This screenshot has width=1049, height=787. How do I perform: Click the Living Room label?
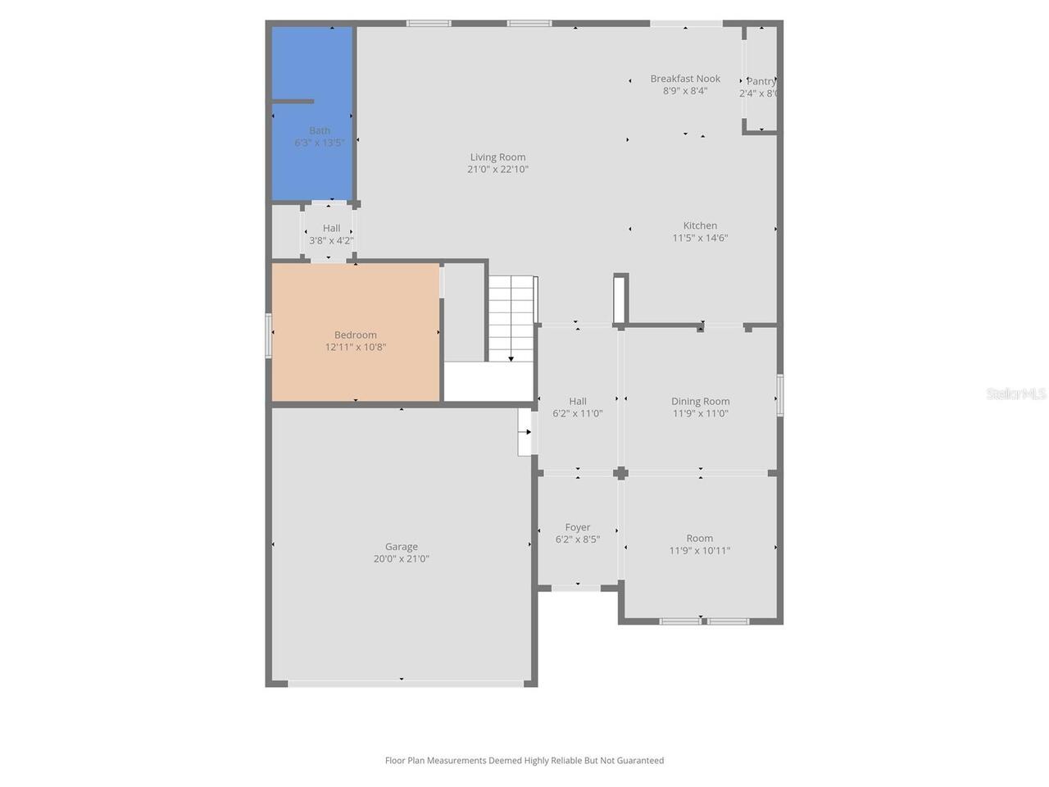497,157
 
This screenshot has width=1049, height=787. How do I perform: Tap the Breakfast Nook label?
685,79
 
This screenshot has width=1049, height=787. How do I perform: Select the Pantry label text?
761,81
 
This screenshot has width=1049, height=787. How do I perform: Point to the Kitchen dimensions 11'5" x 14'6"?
700,239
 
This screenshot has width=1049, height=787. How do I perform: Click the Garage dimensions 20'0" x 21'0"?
401,559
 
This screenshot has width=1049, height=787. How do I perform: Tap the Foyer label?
577,528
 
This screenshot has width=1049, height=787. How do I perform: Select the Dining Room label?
700,402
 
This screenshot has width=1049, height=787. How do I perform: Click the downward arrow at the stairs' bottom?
511,357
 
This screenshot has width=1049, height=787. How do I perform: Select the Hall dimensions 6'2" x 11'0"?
577,414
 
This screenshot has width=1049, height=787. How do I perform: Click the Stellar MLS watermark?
1015,394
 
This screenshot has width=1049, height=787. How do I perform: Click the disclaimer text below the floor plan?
524,761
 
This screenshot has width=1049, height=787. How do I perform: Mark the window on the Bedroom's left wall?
268,335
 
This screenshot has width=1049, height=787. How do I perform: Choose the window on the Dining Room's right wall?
780,395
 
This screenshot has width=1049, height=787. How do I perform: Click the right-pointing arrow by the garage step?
528,432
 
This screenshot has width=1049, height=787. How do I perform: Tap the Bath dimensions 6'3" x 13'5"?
319,143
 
